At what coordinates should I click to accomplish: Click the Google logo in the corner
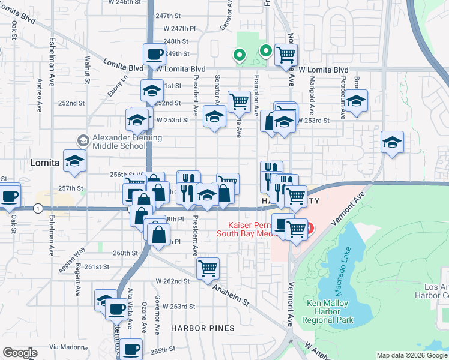click(x=20, y=353)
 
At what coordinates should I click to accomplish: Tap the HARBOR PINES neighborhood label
click(x=198, y=328)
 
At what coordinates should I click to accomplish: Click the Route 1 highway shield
click(x=38, y=208)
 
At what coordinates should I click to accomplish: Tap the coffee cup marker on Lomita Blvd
click(x=155, y=54)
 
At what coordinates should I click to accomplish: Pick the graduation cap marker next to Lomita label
click(x=75, y=161)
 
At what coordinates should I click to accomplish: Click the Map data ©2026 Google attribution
click(x=412, y=355)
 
